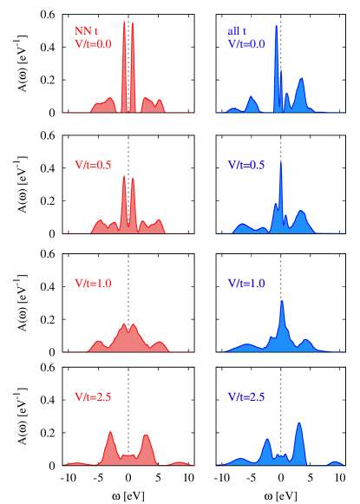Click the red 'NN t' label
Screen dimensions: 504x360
(87, 30)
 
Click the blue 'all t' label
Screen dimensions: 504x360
(237, 30)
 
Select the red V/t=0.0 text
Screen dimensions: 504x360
(93, 43)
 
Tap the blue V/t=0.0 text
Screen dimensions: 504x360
(246, 43)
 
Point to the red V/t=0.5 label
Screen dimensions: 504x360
(93, 164)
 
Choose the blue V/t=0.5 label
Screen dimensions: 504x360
(246, 164)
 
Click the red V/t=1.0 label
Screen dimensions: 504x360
(93, 283)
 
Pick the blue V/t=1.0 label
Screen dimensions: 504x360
(246, 283)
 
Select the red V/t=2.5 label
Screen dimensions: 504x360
(93, 396)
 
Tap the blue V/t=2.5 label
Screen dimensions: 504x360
(246, 396)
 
